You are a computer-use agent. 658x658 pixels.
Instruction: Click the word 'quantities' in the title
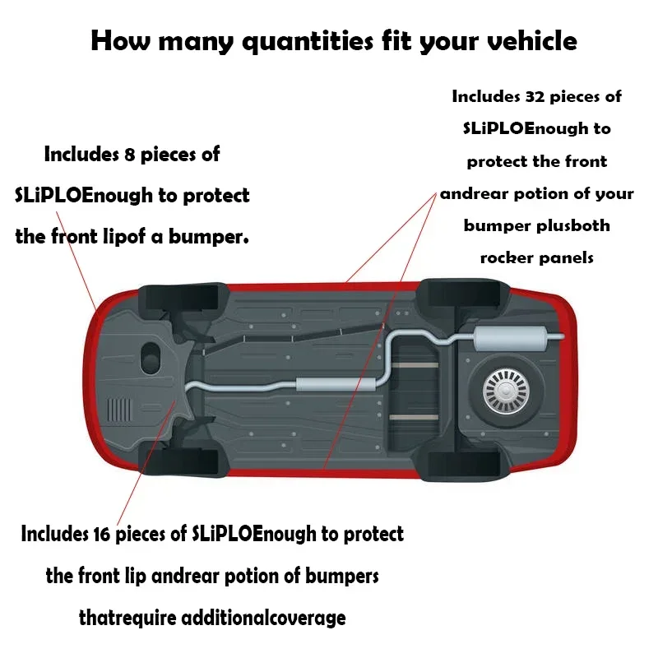point(308,42)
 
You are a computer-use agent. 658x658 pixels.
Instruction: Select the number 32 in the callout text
point(535,96)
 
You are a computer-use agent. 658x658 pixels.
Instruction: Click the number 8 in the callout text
point(129,155)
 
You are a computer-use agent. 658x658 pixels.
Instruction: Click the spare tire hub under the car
point(506,392)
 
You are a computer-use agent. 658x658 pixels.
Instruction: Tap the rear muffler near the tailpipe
point(511,339)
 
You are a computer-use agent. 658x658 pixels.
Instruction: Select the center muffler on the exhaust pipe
point(336,384)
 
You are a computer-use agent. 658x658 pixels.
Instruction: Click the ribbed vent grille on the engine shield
point(119,410)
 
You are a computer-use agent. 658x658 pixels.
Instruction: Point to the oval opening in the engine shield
point(151,359)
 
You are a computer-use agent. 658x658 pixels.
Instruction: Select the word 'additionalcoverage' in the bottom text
point(263,619)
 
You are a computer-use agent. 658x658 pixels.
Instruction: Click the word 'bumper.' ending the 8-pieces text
point(209,237)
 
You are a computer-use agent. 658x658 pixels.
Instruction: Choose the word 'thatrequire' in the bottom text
point(127,619)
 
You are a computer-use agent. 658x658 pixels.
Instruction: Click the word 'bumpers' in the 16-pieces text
point(341,577)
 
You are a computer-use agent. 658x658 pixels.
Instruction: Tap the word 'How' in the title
point(120,40)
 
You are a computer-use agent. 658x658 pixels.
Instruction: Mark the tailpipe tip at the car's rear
point(562,336)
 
